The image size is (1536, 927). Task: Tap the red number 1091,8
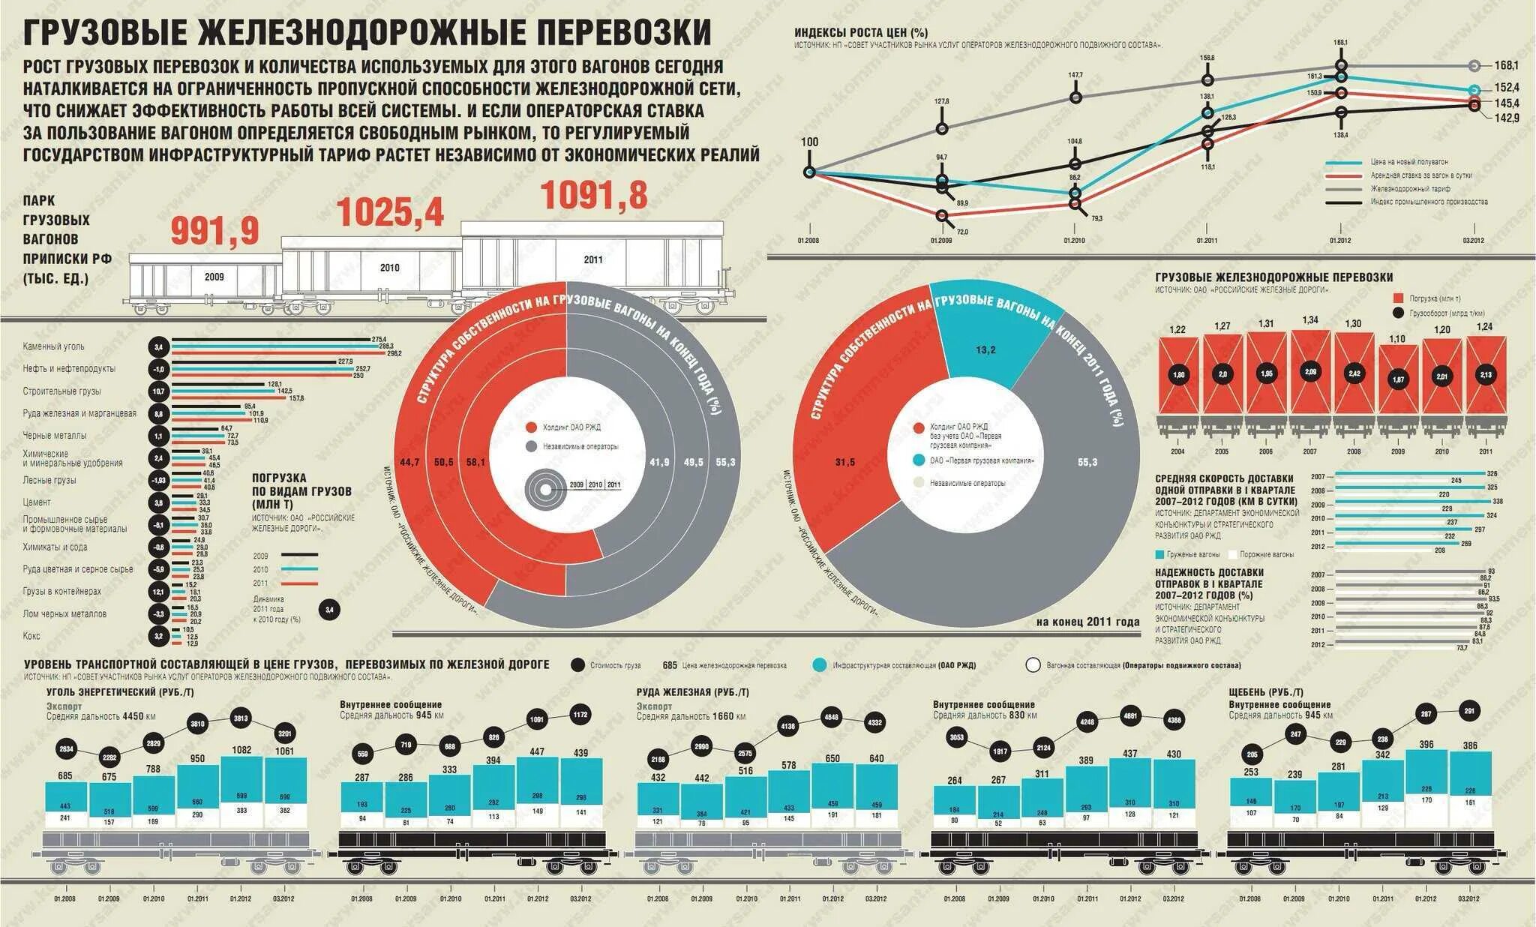594,195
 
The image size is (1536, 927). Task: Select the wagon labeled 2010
389,268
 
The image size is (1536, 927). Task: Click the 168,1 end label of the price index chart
1506,65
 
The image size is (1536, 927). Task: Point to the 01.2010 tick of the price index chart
1074,241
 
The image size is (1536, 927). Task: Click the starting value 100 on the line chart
810,142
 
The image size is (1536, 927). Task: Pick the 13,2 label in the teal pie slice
985,350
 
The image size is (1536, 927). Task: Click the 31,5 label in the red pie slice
845,462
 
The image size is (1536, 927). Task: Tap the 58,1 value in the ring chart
475,462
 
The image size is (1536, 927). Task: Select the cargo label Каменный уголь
54,346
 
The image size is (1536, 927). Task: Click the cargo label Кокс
31,636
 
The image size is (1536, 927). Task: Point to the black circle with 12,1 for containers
158,592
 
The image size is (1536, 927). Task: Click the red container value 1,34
1310,320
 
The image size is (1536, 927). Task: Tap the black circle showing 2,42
1354,373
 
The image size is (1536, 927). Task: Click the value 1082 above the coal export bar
241,750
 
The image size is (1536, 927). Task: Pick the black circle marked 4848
831,716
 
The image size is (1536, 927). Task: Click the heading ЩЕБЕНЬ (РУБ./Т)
1266,692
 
